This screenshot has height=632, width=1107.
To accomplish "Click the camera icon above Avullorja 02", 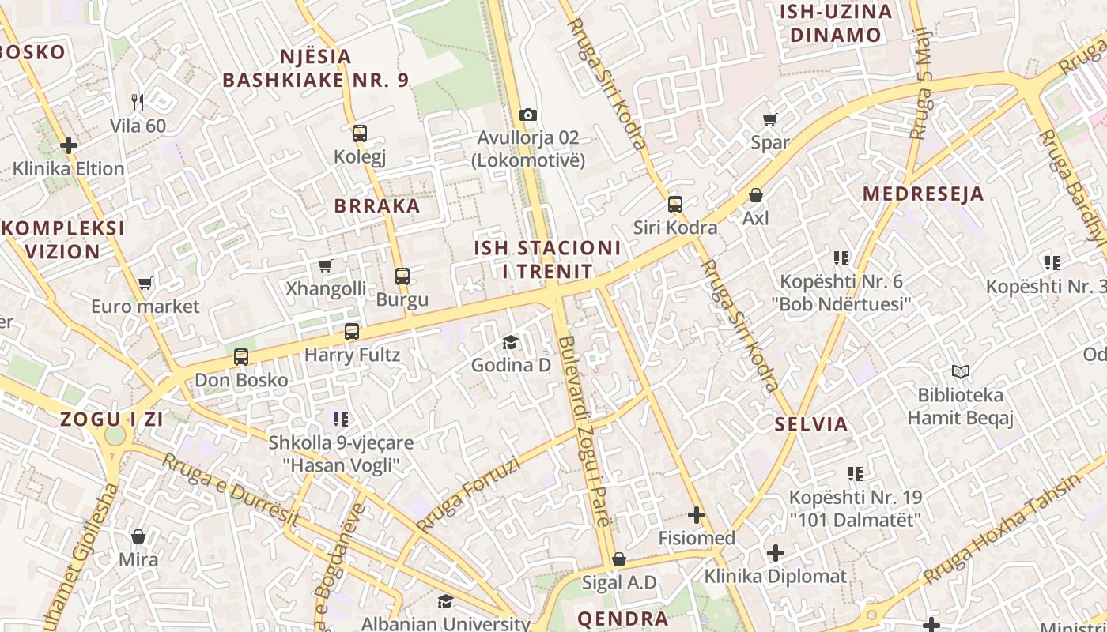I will pyautogui.click(x=528, y=115).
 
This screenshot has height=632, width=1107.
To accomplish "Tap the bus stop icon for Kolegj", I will pyautogui.click(x=360, y=134).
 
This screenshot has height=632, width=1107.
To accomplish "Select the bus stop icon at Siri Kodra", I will pyautogui.click(x=674, y=205).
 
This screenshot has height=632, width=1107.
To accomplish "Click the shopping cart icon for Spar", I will pyautogui.click(x=769, y=120).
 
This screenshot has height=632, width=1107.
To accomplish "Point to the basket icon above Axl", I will pyautogui.click(x=756, y=195).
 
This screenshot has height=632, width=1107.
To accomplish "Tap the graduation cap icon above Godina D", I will pyautogui.click(x=511, y=343).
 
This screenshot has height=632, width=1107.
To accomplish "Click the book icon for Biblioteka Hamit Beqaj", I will pyautogui.click(x=960, y=371).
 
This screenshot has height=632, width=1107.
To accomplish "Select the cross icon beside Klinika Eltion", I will pyautogui.click(x=69, y=145).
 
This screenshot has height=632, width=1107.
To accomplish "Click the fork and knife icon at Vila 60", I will pyautogui.click(x=138, y=102).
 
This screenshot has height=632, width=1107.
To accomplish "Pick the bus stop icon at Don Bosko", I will pyautogui.click(x=241, y=357).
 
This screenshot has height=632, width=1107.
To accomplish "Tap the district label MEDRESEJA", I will pyautogui.click(x=923, y=194).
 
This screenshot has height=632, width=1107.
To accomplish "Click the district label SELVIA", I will pyautogui.click(x=811, y=423).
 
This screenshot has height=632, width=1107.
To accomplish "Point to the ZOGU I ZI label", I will pyautogui.click(x=111, y=419).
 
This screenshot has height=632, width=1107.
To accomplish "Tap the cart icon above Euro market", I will pyautogui.click(x=145, y=283).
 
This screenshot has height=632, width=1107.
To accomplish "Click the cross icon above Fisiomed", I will pyautogui.click(x=697, y=516).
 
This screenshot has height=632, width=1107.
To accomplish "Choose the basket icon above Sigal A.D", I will pyautogui.click(x=619, y=560).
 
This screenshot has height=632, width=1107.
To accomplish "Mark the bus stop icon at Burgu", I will pyautogui.click(x=402, y=276).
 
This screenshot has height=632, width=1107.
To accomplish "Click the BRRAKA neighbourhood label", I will pyautogui.click(x=377, y=206).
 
